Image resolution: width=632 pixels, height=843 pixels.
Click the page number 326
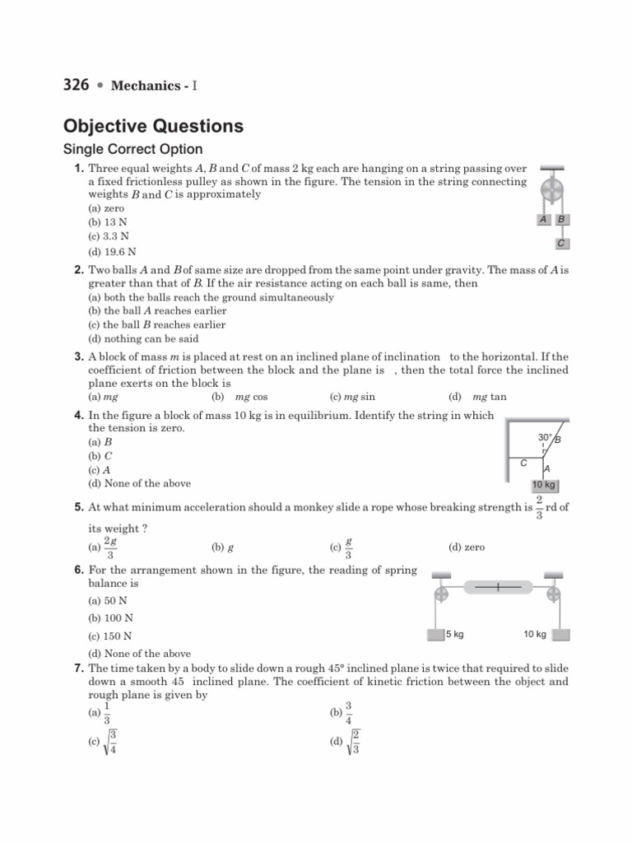pos(76,85)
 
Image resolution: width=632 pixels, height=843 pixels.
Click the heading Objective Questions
pos(153,127)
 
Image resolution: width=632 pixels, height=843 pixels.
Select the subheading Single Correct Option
pos(133,150)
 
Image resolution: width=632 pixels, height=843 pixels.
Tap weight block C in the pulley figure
pos(560,243)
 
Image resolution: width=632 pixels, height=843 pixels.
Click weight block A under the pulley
pos(544,220)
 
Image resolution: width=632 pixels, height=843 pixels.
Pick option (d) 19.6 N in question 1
pos(112,251)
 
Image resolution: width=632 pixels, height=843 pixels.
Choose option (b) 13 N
pos(107,223)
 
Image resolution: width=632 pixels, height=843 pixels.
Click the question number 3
pos(79,357)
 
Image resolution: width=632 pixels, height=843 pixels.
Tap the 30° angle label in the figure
pos(545,438)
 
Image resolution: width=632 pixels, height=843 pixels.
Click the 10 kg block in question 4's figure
pos(544,484)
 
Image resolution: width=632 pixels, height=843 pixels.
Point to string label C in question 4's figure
pos(523,464)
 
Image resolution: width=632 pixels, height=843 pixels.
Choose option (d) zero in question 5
pos(467,547)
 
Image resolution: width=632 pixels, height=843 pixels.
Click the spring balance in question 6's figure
pos(504,587)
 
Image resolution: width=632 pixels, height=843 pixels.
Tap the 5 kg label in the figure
pos(455,634)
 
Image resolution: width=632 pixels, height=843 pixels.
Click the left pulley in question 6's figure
pos(440,594)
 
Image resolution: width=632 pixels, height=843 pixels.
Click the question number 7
pos(79,668)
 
